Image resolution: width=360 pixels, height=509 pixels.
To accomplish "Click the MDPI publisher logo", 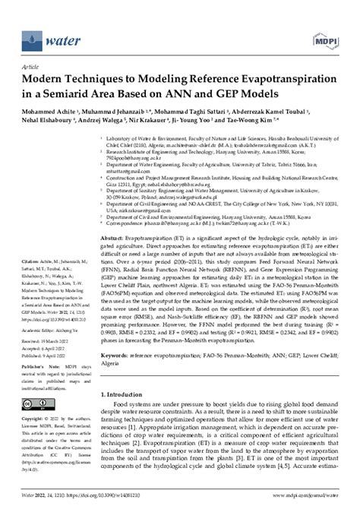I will [330, 36].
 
